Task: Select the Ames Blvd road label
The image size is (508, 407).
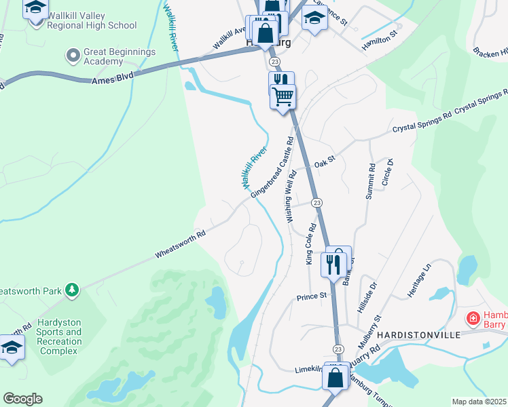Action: [113, 79]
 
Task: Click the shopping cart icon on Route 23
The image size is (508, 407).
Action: [283, 97]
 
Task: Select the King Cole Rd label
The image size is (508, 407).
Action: [310, 244]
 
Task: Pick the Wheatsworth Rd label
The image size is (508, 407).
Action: [180, 244]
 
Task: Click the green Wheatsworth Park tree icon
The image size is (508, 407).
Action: [71, 291]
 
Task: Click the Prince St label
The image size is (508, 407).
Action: [312, 296]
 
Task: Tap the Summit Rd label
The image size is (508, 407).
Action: [371, 181]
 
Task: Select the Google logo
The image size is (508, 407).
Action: [22, 399]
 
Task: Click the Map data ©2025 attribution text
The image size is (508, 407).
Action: [479, 402]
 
